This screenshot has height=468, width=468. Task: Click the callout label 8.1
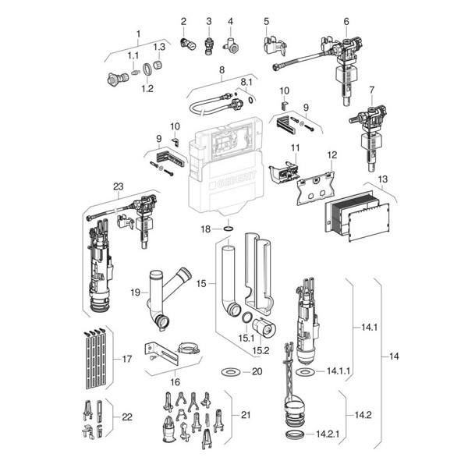246,81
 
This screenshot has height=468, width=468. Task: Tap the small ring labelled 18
228,229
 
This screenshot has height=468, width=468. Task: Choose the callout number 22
126,417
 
